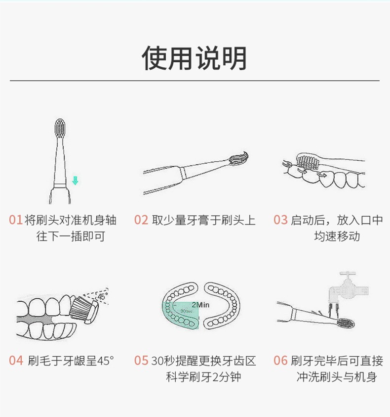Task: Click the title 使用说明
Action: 195,58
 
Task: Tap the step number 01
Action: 15,220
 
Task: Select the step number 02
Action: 141,220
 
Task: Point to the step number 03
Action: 280,220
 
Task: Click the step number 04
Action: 16,361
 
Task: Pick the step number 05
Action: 141,361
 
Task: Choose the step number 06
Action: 280,361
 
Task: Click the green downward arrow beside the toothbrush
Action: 76,181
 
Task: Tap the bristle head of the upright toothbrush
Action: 60,128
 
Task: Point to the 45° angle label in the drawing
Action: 103,296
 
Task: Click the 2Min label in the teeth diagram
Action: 200,305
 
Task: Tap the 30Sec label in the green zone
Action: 186,311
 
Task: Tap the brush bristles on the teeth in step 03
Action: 307,162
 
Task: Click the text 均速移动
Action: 337,236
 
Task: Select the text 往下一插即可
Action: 71,236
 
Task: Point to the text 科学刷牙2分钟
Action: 203,377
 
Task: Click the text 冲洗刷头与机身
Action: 337,377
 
